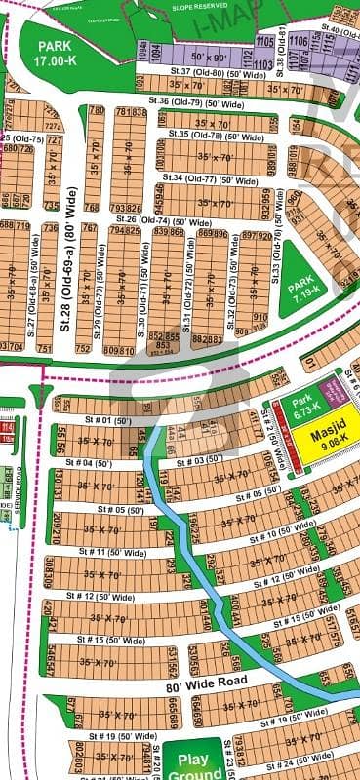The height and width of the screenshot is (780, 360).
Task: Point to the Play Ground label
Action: (x=184, y=763)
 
